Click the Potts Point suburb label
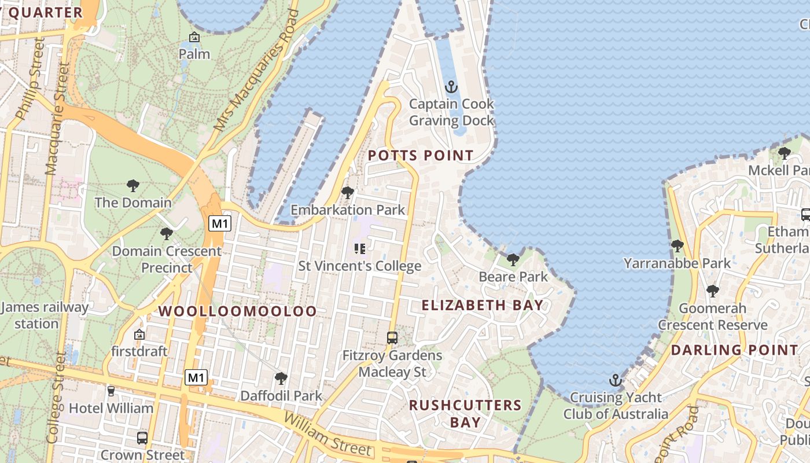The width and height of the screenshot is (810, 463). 421,156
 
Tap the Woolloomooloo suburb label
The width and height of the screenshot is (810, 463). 238,311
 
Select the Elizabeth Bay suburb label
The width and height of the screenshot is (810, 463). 483,306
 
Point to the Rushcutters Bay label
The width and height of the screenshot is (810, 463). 465,413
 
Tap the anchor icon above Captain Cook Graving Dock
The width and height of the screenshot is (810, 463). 451,87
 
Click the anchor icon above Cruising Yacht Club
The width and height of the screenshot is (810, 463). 616,381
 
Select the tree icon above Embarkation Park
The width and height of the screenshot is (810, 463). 348,193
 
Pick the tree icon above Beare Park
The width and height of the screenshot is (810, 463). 513,260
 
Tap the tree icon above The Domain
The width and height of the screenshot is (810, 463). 133,186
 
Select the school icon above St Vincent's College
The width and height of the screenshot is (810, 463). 359,249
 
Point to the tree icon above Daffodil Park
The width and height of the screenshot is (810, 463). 281,379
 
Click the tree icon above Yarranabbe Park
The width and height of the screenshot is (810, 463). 678,246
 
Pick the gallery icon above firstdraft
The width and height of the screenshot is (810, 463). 139,335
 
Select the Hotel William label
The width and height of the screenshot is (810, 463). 111,408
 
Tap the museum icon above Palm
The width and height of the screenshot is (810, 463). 194,38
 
